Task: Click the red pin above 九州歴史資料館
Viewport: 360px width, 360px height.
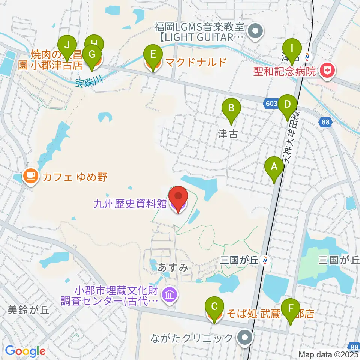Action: [178, 198]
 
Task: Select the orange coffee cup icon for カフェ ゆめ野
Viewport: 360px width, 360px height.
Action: [30, 175]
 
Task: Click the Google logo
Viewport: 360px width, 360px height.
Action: [25, 351]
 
